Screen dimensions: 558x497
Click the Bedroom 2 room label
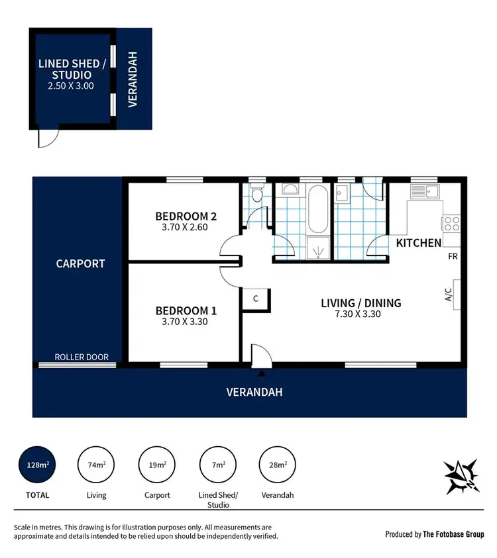[x=186, y=216]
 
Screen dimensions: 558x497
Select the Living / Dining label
[x=360, y=303]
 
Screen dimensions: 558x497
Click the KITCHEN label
[x=418, y=243]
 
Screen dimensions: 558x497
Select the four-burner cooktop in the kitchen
[x=451, y=223]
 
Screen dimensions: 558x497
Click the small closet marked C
[x=255, y=299]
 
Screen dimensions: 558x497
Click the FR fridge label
[x=453, y=256]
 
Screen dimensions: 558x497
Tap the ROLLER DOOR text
[x=83, y=357]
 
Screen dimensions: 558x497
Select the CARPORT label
[x=80, y=263]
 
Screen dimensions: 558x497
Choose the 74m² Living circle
[x=97, y=465]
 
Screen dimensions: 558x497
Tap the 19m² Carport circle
[x=157, y=465]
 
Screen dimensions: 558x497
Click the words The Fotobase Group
[x=453, y=534]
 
